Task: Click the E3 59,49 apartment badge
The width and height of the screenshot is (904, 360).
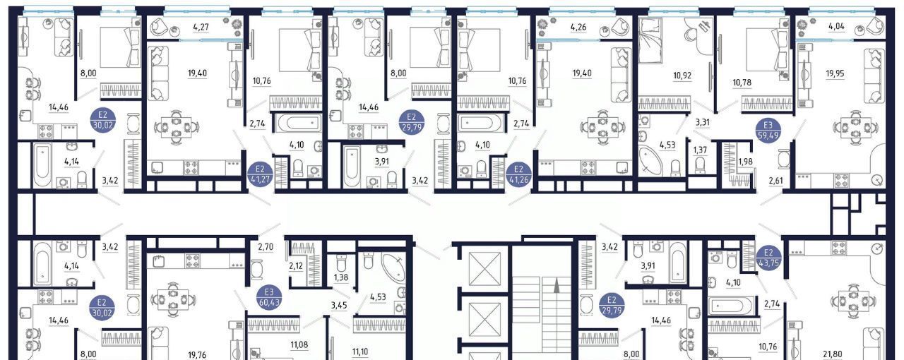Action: pos(768,130)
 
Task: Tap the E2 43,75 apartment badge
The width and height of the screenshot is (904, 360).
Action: pos(768,257)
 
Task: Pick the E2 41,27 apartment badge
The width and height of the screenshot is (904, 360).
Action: pos(259,172)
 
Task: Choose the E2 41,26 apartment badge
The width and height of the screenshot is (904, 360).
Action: pos(518,172)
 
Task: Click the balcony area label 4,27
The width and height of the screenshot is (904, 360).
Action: pos(201,28)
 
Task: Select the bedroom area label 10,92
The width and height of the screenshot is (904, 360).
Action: pos(682,75)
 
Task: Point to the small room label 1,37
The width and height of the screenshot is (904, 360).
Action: pos(700,150)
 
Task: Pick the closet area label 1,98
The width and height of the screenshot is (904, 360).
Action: pos(745,162)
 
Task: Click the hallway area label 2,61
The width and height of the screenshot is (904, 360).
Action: pos(775,181)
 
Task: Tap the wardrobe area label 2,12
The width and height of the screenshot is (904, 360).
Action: pos(295,266)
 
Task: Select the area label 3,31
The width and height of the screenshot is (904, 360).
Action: pos(702,122)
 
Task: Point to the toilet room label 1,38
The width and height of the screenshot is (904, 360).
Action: pos(341,277)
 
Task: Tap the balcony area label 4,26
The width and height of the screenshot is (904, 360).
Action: pos(578,28)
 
